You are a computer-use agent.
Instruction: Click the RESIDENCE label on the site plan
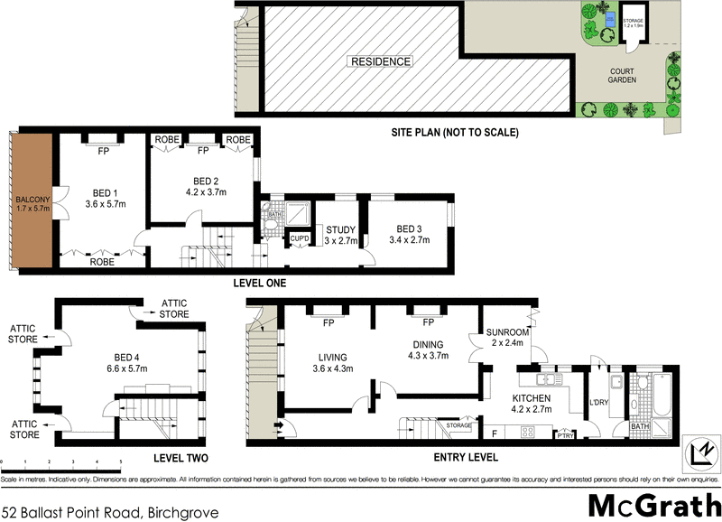381,61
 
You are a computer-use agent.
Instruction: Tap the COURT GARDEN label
621,75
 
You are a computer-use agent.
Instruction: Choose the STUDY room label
339,229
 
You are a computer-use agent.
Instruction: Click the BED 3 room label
408,229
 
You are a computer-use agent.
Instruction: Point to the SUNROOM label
507,331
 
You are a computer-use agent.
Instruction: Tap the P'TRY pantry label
564,436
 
